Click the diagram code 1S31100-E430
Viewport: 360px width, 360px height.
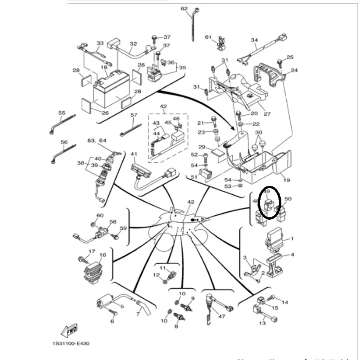(70, 344)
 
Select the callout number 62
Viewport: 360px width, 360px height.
(184, 9)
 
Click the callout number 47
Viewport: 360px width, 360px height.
(222, 316)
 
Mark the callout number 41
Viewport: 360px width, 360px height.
(134, 154)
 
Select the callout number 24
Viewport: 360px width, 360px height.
(294, 70)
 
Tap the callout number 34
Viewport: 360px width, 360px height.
(254, 40)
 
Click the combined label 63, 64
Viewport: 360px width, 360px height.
(97, 141)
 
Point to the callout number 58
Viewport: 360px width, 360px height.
(113, 222)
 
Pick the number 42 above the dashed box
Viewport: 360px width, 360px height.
(163, 106)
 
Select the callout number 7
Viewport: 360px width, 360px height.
(138, 314)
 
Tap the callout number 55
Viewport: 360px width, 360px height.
(62, 113)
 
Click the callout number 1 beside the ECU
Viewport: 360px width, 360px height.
(292, 239)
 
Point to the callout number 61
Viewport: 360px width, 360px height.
(208, 37)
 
